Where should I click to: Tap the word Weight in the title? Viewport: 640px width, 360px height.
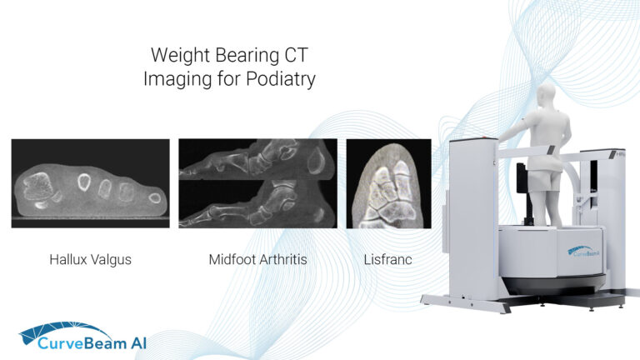point(177,57)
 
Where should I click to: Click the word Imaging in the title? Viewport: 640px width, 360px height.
point(172,79)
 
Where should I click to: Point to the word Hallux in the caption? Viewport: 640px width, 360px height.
point(70,260)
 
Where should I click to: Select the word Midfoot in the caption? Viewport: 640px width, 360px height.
point(231,260)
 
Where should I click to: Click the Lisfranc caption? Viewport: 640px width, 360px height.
point(388,260)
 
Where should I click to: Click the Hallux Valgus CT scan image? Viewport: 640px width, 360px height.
point(90,183)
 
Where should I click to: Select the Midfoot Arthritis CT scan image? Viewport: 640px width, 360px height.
point(257,183)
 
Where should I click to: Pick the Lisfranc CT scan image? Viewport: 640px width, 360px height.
point(388,183)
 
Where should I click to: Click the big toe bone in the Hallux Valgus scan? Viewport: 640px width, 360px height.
point(39,188)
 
